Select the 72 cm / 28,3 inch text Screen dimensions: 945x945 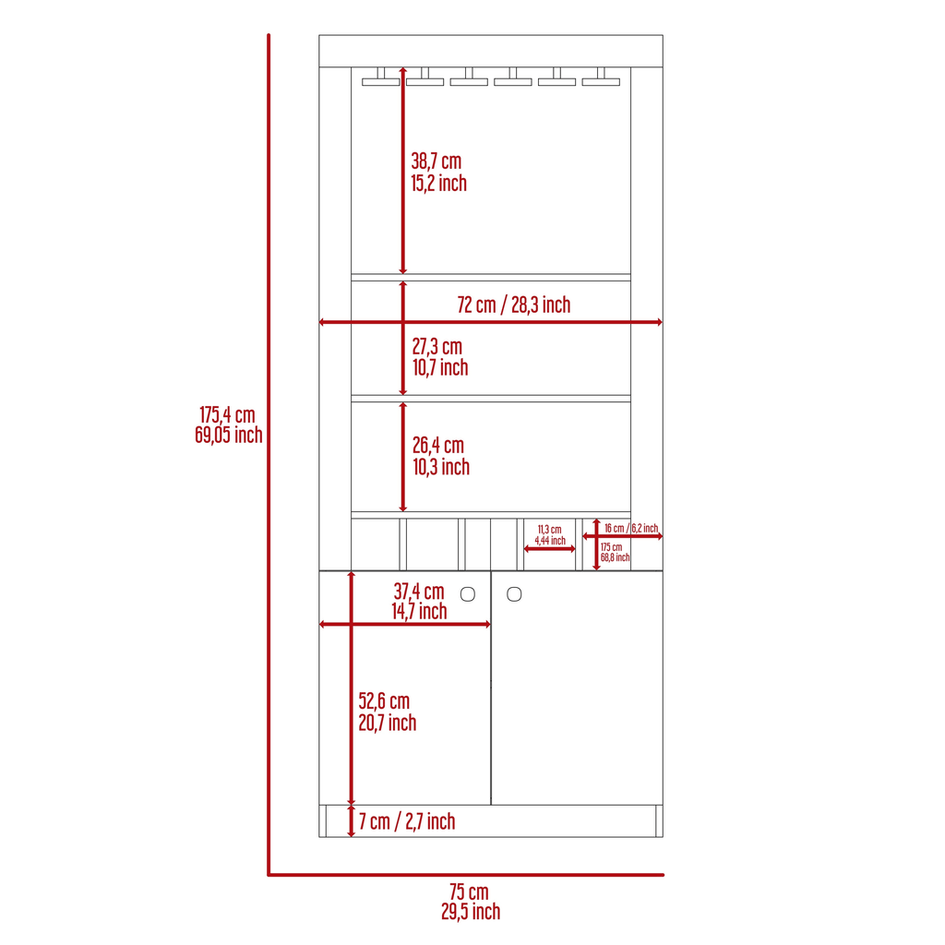pyautogui.click(x=513, y=305)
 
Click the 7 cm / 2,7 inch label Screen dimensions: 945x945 pyautogui.click(x=407, y=821)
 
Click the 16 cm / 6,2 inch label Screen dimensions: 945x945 pyautogui.click(x=631, y=528)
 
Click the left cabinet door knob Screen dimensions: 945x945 pyautogui.click(x=468, y=594)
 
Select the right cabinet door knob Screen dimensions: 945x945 pyautogui.click(x=514, y=594)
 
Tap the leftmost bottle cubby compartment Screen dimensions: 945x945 pyautogui.click(x=375, y=544)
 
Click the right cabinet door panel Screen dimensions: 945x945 pyautogui.click(x=578, y=688)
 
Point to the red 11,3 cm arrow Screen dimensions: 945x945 pyautogui.click(x=550, y=549)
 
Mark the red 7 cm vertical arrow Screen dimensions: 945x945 pyautogui.click(x=352, y=820)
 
